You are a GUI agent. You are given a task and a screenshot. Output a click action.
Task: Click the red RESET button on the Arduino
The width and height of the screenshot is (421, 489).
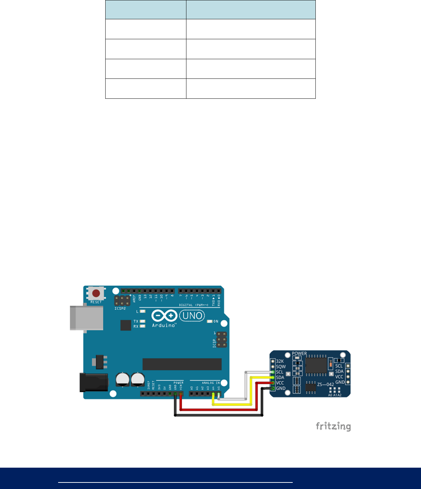96,294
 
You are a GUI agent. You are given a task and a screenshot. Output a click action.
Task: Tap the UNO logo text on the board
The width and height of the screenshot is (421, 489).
193,316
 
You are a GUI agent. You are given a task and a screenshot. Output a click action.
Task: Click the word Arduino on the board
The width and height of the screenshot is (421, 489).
164,325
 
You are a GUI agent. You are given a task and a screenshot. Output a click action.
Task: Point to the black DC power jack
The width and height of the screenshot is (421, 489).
93,382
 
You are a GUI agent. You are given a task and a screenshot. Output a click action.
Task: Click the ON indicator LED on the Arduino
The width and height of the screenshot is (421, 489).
209,321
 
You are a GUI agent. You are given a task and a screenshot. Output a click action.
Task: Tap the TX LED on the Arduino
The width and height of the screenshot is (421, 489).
142,321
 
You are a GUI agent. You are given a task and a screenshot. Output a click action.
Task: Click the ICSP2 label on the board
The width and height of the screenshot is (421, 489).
120,309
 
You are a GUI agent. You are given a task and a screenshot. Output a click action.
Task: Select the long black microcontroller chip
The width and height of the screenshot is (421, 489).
182,364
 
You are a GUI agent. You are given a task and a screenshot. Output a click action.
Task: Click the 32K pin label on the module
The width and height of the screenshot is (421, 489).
280,361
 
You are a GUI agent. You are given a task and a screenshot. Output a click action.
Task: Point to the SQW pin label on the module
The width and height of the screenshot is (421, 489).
281,367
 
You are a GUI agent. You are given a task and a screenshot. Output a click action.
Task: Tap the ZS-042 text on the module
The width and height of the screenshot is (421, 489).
325,384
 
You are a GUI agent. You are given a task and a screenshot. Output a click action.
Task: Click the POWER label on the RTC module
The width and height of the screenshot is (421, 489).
299,353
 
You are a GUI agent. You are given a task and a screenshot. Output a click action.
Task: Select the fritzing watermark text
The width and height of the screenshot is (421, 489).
333,426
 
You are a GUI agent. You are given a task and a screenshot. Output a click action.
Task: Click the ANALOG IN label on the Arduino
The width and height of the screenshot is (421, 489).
210,383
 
